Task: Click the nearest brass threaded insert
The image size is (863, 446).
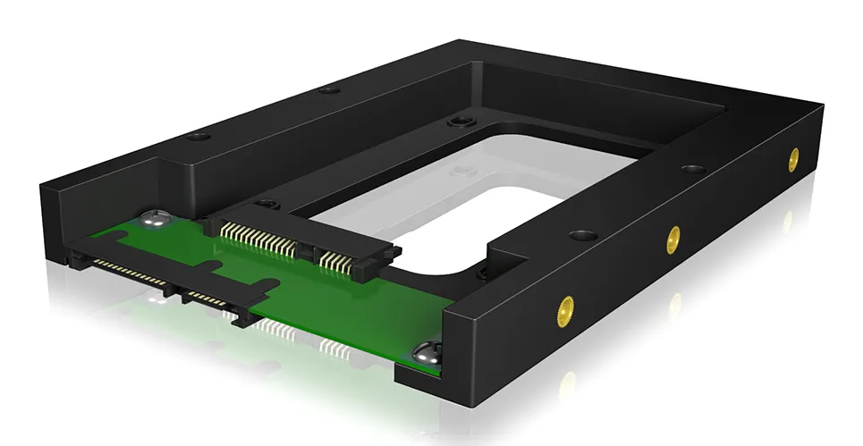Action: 564,310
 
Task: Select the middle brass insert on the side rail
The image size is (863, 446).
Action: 673,238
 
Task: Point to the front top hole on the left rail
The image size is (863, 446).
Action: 198,137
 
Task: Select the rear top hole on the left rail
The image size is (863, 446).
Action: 329,89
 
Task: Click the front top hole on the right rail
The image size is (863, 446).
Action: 583,237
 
